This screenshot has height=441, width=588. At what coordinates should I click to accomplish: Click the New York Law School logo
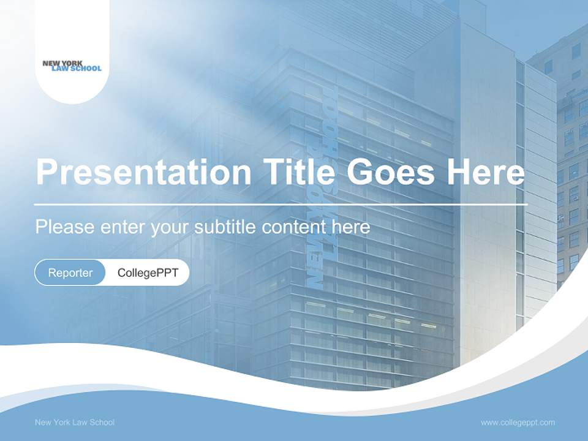click(x=72, y=66)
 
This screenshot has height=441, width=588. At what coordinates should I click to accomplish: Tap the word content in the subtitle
click(x=294, y=227)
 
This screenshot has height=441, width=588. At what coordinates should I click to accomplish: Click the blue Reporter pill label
click(x=70, y=273)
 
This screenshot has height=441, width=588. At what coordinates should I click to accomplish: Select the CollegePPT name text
click(x=148, y=273)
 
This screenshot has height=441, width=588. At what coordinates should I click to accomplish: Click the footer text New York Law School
click(x=75, y=422)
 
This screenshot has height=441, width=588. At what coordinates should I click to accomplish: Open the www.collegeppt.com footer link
click(x=518, y=422)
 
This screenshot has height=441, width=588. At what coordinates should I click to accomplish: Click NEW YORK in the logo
click(x=62, y=62)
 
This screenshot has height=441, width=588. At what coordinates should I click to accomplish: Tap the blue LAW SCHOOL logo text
click(x=77, y=69)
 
